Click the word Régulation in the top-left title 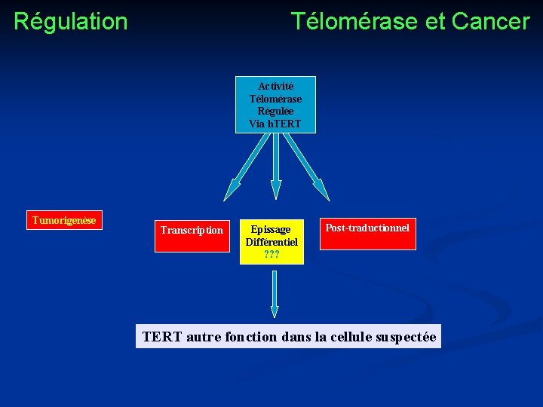[70, 21]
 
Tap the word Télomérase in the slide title [354, 21]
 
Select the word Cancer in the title [491, 21]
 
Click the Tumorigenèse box [64, 220]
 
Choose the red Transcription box [192, 235]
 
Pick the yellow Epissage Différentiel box [271, 242]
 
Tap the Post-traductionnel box [367, 234]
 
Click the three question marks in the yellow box [271, 255]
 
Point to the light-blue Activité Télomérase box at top [275, 105]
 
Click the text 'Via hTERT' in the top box [275, 123]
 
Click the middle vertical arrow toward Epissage [276, 170]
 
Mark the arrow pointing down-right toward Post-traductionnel [307, 167]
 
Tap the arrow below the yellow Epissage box [275, 294]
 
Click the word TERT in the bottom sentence [161, 337]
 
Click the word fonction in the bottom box [250, 337]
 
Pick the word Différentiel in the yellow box [271, 242]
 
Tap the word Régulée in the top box [275, 111]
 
